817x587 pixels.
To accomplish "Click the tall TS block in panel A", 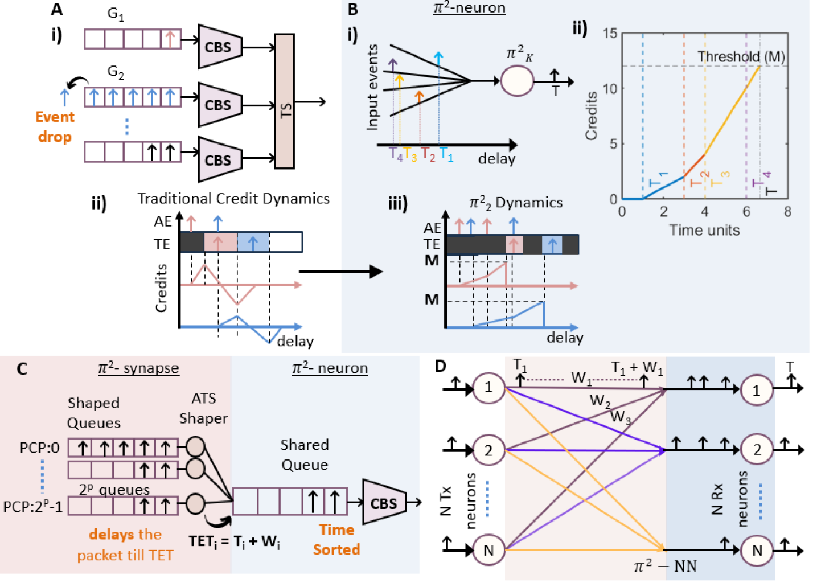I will point(284,101).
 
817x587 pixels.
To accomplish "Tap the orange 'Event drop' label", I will point(55,126).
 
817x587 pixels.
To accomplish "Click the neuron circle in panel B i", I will point(517,81).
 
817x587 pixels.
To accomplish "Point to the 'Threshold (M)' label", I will point(741,56).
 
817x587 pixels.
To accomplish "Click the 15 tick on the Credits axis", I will point(610,34).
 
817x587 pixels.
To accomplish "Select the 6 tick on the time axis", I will point(746,212).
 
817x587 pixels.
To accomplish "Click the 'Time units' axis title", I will point(704,231).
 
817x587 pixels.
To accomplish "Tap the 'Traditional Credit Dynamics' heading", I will point(233,199).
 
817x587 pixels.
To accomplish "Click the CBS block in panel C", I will point(383,503).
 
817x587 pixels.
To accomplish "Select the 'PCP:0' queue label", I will point(39,448).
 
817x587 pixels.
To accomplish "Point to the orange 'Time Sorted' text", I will point(336,539).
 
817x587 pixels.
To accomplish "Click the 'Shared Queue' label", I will point(305,454).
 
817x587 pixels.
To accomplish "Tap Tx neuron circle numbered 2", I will point(488,450).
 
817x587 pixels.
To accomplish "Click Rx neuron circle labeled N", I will point(757,551).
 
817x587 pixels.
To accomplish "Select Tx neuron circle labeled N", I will point(488,551).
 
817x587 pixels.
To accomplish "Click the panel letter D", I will point(441,366).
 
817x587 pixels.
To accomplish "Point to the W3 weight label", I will point(621,417).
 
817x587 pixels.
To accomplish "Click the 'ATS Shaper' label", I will point(203,408).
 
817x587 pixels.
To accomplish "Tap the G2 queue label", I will point(116,72).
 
